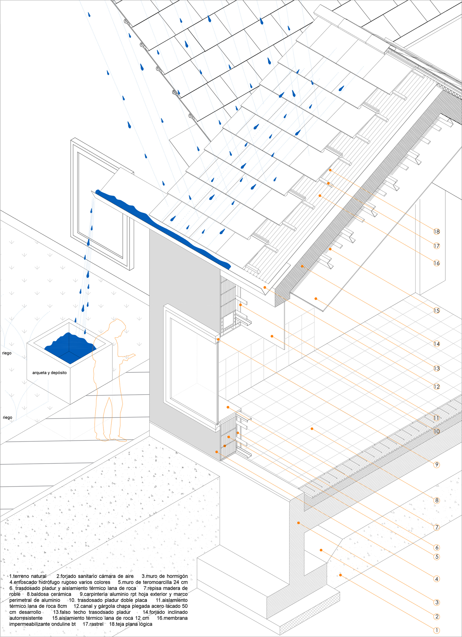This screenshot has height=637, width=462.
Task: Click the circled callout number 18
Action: point(436,231)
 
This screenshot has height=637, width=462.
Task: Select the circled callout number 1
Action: point(437,630)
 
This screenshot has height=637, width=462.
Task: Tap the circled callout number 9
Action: point(437,464)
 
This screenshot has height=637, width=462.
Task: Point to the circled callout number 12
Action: point(436,386)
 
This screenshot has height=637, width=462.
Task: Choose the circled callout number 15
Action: point(436,311)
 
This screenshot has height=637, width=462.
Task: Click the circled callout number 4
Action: point(437,579)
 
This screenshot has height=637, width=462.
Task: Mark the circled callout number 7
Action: point(437,527)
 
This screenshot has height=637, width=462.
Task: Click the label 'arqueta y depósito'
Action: point(49,373)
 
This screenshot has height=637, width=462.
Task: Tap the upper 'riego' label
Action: point(7,353)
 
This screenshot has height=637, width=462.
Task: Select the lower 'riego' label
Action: point(8,417)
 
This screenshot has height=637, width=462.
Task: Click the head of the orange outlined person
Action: point(118,326)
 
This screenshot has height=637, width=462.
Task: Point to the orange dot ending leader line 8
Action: point(312,429)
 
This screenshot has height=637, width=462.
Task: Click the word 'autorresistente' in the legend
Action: point(26,618)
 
